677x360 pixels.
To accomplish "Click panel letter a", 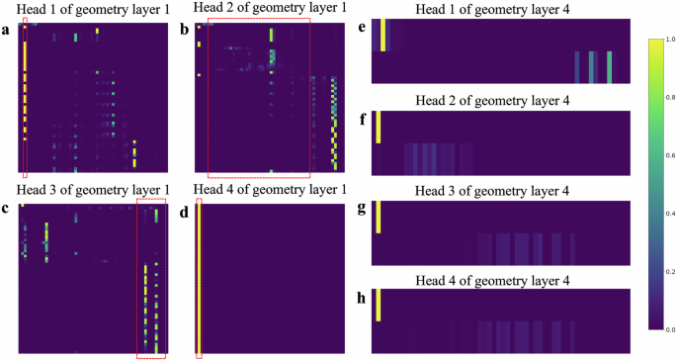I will [x=7, y=28].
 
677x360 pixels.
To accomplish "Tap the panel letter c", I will [x=7, y=209].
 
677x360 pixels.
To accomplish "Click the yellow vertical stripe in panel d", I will [x=199, y=277].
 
